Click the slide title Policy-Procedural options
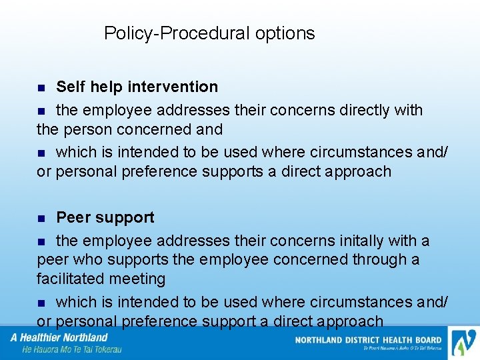(x=209, y=33)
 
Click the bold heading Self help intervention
(x=137, y=87)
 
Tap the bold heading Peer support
(x=105, y=217)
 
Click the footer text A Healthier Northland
(x=59, y=337)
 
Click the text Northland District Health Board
(x=368, y=340)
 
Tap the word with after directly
(x=408, y=109)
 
